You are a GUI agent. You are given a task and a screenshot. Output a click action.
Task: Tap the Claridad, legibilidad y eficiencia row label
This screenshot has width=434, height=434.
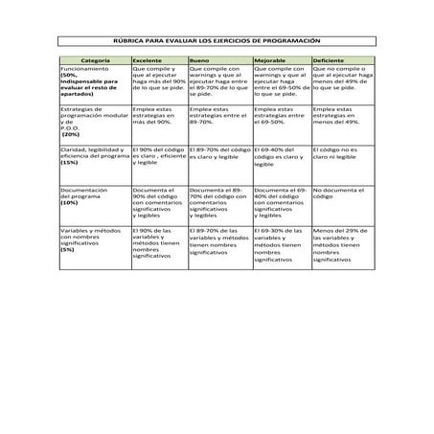[x=94, y=157]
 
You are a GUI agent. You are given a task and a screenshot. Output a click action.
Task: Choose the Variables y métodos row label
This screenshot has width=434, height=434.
[x=92, y=240]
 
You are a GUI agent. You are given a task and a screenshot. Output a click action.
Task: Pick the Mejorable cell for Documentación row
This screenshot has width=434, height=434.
[x=281, y=202]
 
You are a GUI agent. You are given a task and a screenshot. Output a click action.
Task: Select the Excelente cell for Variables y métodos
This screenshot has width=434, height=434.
[x=159, y=244]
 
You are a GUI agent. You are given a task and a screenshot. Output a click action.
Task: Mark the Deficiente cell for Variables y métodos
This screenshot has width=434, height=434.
[x=341, y=245]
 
